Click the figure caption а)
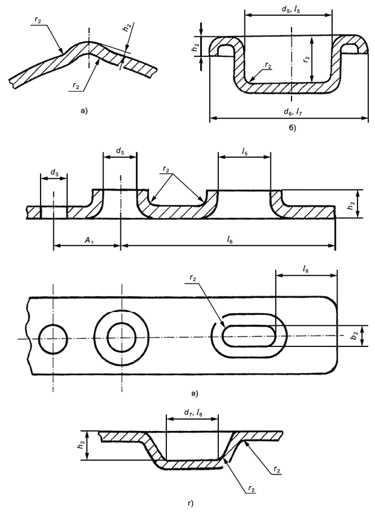coord(84,111)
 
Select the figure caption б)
coord(292,128)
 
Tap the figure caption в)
coord(194,394)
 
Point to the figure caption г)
coord(191,504)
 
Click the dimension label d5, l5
coord(291,10)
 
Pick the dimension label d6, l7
coord(292,112)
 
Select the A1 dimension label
coord(88,241)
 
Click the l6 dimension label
coord(230,241)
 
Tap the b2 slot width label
coord(354,336)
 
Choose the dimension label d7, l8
coord(192,413)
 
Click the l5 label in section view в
coord(245,152)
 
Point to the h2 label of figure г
coord(79,445)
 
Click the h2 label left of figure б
coord(195,47)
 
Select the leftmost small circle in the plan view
coord(53,339)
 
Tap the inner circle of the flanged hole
coord(121,337)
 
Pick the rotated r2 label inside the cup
coord(306,59)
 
